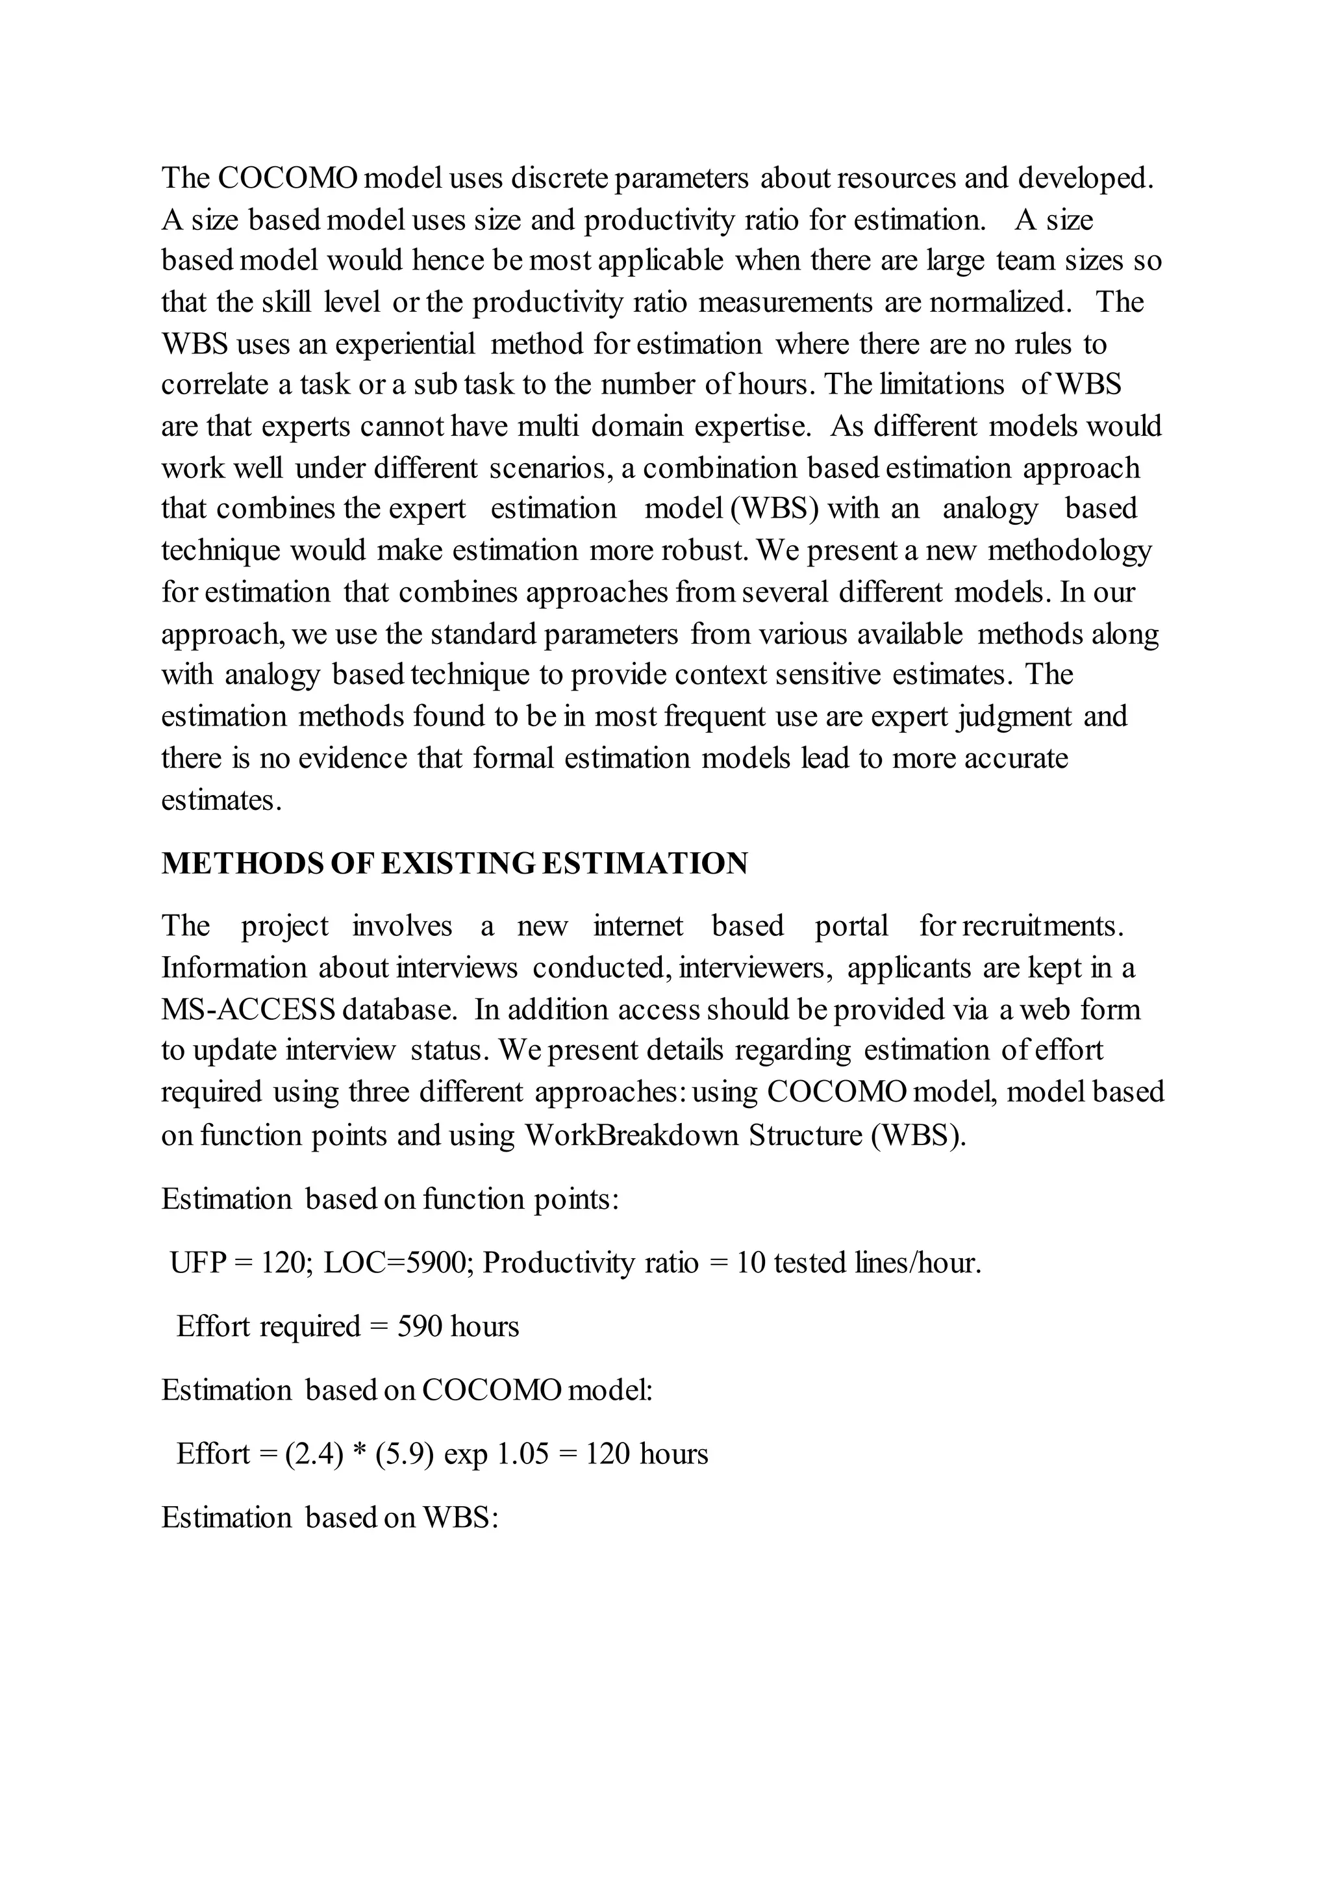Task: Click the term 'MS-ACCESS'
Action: click(x=247, y=1009)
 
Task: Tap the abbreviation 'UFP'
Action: click(x=197, y=1263)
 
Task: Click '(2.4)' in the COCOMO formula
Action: click(x=314, y=1454)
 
